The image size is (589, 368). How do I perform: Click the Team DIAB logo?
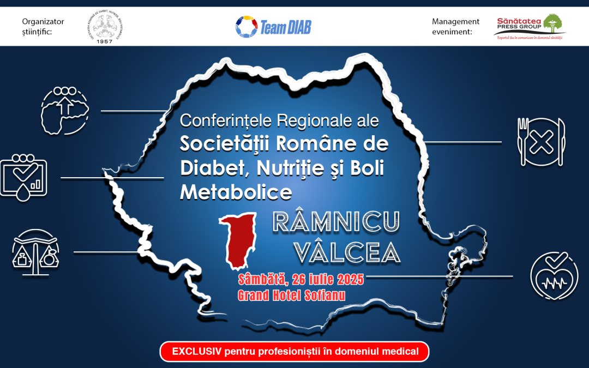pyautogui.click(x=273, y=26)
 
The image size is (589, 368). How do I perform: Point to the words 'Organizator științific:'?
pyautogui.click(x=43, y=27)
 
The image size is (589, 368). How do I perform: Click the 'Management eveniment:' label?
pyautogui.click(x=456, y=27)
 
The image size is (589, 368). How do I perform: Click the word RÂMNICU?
pyautogui.click(x=335, y=221)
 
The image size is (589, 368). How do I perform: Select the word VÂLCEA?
pyautogui.click(x=347, y=251)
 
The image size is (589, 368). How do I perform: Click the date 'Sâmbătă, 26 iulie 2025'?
pyautogui.click(x=300, y=280)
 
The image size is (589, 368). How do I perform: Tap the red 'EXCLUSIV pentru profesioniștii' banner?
pyautogui.click(x=294, y=352)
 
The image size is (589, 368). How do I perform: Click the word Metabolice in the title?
pyautogui.click(x=236, y=191)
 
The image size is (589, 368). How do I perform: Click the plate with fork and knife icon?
pyautogui.click(x=540, y=142)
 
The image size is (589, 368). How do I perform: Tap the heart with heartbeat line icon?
pyautogui.click(x=554, y=275)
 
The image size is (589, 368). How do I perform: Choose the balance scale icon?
pyautogui.click(x=36, y=250)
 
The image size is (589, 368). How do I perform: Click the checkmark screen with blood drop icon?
pyautogui.click(x=25, y=177)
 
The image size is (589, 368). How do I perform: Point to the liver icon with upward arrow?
pyautogui.click(x=64, y=110)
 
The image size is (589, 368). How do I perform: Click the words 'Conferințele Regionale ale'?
pyautogui.click(x=279, y=119)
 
